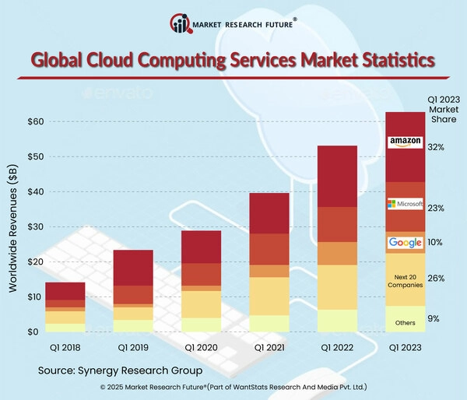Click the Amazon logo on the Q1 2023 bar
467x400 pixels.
pyautogui.click(x=405, y=142)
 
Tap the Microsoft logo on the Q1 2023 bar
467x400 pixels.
pyautogui.click(x=405, y=205)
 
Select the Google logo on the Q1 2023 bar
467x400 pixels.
pyautogui.click(x=405, y=243)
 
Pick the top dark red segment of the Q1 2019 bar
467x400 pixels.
pyautogui.click(x=133, y=268)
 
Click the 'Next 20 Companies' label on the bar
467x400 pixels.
pyautogui.click(x=405, y=281)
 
